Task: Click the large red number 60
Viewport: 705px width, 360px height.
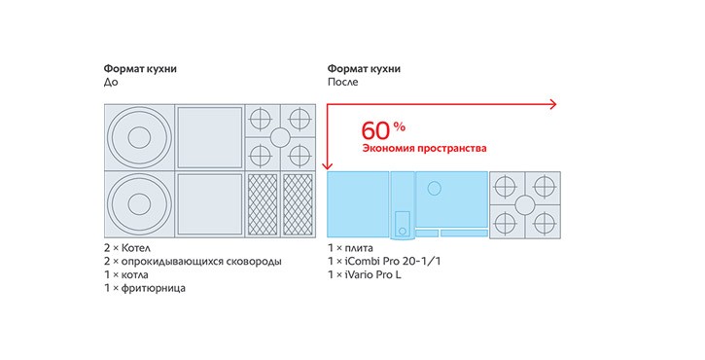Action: click(376, 130)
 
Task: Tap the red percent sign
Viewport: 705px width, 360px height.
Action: click(400, 126)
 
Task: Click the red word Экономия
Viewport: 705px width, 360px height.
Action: click(388, 148)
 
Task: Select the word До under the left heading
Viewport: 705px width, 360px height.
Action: click(111, 83)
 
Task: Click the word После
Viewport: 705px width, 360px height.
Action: click(342, 83)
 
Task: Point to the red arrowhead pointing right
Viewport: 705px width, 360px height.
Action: click(553, 104)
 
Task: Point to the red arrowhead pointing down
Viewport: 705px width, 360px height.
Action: click(327, 165)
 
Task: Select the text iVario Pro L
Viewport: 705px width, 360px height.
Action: click(372, 274)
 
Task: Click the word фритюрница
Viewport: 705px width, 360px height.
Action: click(154, 288)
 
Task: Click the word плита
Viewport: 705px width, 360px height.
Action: click(359, 248)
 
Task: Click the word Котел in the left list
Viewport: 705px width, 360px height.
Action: click(136, 248)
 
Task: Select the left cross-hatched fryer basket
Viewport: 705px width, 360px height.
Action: click(263, 204)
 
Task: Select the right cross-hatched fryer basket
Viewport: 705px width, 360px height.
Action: click(298, 204)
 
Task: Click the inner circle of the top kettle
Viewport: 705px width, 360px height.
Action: click(139, 137)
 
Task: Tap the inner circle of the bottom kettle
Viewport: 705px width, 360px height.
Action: click(139, 204)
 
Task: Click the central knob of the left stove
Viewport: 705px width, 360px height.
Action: click(280, 138)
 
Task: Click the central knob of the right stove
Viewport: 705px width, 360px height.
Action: click(525, 204)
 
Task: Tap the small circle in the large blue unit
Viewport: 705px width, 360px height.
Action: click(434, 188)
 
